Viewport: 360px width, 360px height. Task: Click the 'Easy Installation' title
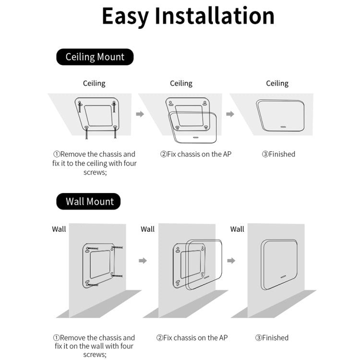pos(188,16)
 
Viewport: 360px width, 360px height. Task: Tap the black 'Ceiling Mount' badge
pos(95,57)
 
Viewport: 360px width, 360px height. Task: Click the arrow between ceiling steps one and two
pos(140,114)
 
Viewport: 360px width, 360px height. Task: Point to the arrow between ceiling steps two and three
pos(230,114)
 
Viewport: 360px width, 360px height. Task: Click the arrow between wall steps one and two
pos(143,261)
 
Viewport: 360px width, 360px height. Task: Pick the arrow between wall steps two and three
pos(231,261)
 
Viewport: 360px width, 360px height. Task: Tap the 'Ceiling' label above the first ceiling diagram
pos(94,83)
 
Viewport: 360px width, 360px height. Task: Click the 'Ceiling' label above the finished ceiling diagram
pos(277,83)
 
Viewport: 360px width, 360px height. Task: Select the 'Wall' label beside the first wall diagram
pos(59,229)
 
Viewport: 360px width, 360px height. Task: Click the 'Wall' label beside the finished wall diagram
pos(237,229)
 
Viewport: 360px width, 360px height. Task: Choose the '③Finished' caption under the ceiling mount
pos(278,154)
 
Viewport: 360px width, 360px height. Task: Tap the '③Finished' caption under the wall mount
pos(272,337)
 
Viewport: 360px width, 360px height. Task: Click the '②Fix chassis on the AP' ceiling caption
pos(196,154)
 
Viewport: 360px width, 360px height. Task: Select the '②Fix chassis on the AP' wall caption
pos(192,337)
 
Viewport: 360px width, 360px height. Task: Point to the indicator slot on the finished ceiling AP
pos(283,128)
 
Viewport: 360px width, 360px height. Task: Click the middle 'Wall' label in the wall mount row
pos(148,229)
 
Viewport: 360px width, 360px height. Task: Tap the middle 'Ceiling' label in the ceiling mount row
pos(181,83)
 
